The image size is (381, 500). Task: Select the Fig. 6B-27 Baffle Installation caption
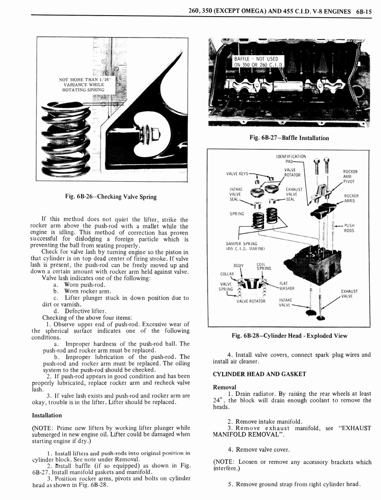point(289,138)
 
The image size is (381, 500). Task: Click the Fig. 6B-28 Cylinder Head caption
point(290,335)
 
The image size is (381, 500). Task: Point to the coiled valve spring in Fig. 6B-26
point(66,139)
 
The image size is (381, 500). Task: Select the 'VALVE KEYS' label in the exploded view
point(237,173)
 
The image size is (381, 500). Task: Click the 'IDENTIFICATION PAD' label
point(291,159)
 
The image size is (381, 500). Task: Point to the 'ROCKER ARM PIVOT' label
point(350,176)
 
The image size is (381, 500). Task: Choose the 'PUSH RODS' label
point(349,228)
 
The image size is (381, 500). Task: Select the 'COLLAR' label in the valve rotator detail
point(227,273)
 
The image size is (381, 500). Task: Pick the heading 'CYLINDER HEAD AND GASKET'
point(259,374)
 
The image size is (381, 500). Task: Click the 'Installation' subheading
point(47,415)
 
